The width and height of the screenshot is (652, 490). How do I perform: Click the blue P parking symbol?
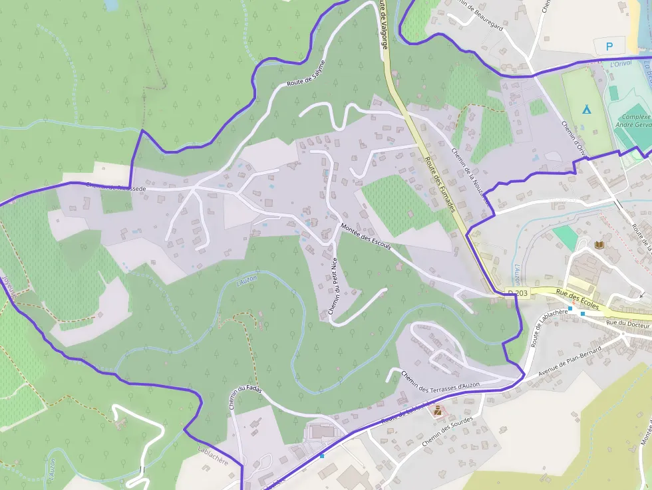(x=610, y=47)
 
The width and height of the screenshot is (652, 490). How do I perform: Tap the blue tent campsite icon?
(x=586, y=109)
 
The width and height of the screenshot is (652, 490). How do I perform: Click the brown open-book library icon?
(x=599, y=245)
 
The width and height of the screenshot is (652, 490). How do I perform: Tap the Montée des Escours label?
(x=365, y=238)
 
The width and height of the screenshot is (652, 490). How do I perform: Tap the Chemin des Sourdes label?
(x=449, y=428)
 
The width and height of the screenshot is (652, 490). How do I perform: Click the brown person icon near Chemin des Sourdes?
(x=438, y=411)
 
